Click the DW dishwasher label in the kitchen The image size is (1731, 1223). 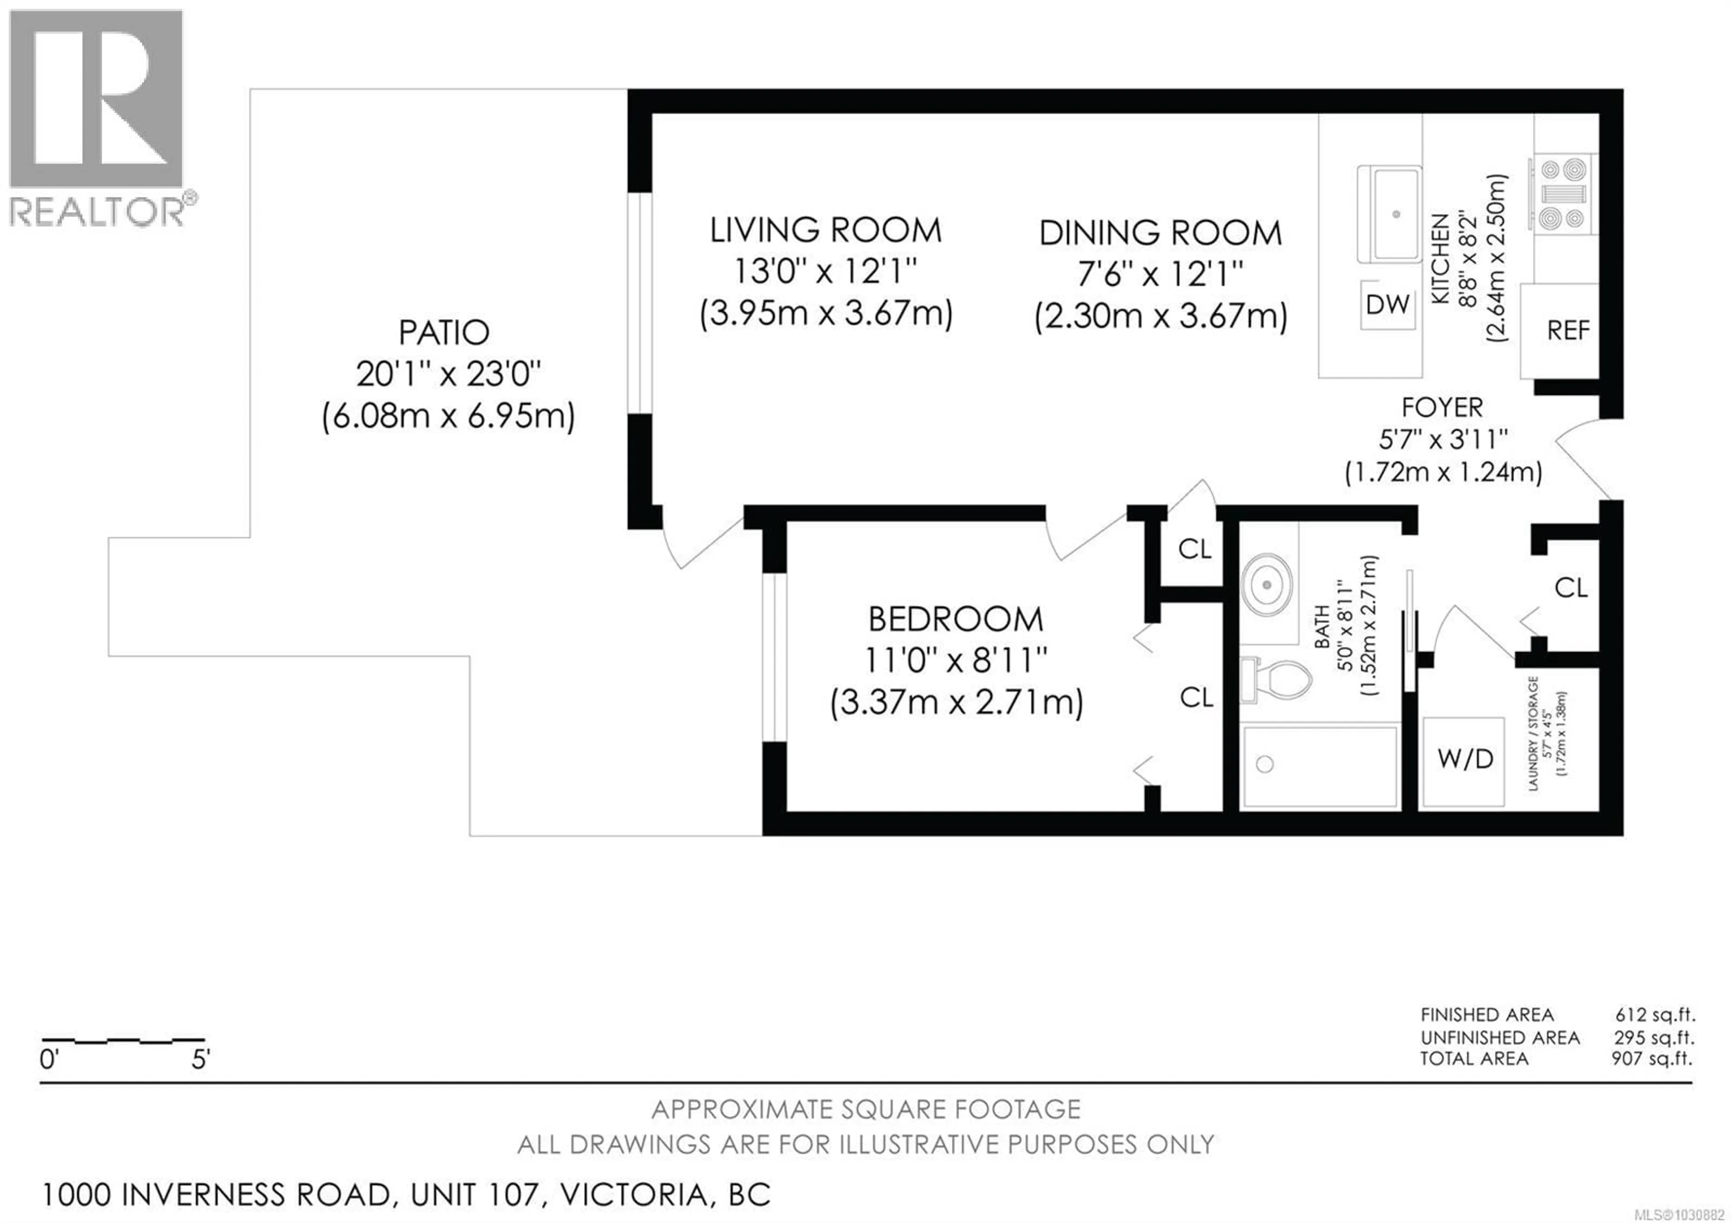pos(1387,304)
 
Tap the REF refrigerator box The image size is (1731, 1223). pos(1567,330)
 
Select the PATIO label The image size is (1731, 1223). pos(444,332)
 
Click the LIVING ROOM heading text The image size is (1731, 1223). pos(825,230)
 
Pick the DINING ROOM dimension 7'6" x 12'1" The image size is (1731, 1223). pos(1160,274)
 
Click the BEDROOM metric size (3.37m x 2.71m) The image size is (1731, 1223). pos(956,702)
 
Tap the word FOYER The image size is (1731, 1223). pos(1442,408)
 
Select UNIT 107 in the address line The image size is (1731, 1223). pos(476,1194)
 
